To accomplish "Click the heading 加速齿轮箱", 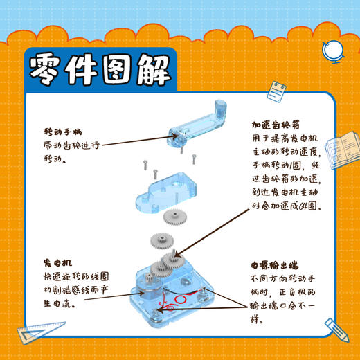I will click(276, 126).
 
